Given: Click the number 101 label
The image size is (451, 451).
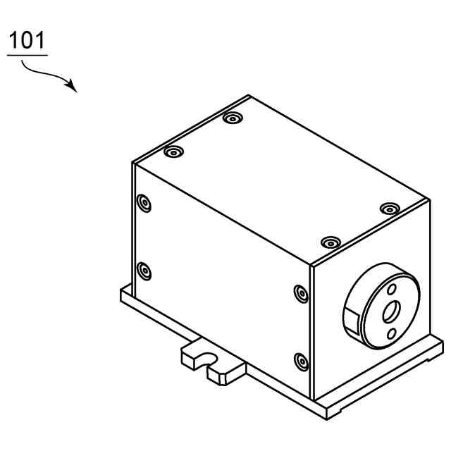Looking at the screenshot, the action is coord(27,40).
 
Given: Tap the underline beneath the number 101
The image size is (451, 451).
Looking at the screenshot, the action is coord(27,54).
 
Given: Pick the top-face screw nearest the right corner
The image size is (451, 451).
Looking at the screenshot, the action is coord(389,209).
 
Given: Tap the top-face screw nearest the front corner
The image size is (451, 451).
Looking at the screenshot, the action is coord(329,242).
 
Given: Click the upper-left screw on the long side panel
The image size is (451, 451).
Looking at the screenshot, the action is coord(144,204).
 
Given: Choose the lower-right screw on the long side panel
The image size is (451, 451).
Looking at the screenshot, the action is coord(301,361).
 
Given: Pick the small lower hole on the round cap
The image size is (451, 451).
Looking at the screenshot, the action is coord(391,332).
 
